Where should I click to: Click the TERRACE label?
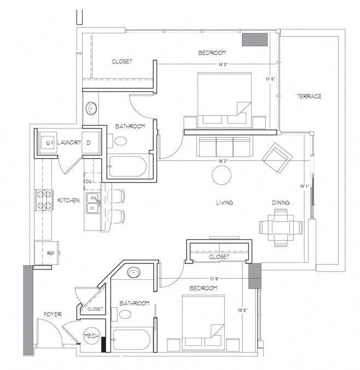tap(309, 96)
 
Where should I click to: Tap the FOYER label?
tap(53, 314)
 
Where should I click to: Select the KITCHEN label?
tap(68, 201)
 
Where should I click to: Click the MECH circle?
tap(91, 336)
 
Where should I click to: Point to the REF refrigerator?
tap(47, 252)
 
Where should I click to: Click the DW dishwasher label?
tap(89, 181)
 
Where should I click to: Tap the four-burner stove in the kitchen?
tap(44, 200)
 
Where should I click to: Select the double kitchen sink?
tap(93, 203)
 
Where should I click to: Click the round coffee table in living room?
tap(222, 175)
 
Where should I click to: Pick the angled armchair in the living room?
tap(277, 157)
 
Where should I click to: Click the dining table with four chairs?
tap(281, 227)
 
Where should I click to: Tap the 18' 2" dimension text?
tap(223, 161)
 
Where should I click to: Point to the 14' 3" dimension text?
tap(223, 64)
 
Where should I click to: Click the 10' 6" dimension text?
tap(243, 310)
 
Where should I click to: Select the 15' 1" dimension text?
tap(305, 186)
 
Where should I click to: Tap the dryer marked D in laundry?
tap(91, 143)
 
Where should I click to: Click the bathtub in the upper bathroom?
tap(127, 166)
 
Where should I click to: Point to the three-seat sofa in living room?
tap(224, 147)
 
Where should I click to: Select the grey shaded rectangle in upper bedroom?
tap(254, 39)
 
